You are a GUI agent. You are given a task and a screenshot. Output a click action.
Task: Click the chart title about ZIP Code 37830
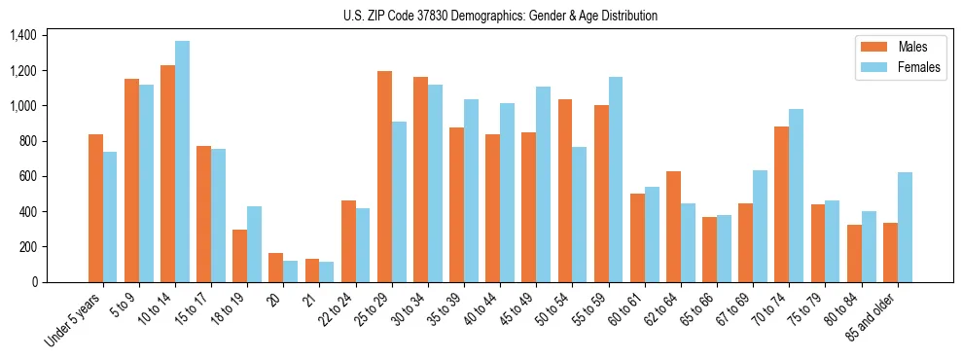500,16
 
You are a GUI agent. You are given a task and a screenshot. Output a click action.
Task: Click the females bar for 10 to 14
182,162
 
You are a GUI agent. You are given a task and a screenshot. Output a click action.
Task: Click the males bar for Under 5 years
95,208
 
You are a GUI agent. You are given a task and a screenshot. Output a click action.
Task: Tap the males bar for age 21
312,270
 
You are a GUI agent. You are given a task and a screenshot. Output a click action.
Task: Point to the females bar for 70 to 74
796,196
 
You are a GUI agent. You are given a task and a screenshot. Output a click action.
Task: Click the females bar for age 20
290,271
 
